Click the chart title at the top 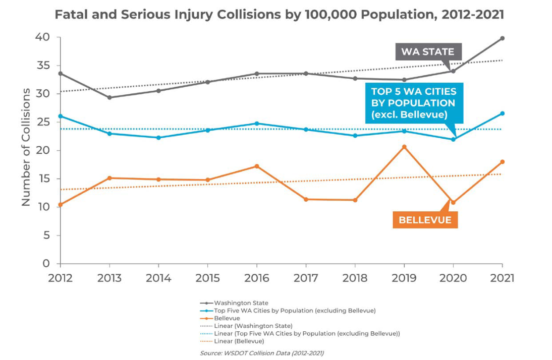[279, 14]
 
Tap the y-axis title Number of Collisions [26, 147]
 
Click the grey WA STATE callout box [427, 51]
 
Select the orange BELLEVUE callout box [425, 220]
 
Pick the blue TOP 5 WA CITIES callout [413, 103]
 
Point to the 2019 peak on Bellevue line [404, 147]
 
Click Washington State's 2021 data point [502, 38]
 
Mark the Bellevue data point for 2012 [60, 204]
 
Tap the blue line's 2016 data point [256, 124]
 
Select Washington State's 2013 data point [109, 97]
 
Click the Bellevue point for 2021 [502, 162]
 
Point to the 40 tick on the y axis [42, 37]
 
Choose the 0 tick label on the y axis [46, 264]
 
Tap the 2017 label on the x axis [305, 278]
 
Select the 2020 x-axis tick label [453, 278]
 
